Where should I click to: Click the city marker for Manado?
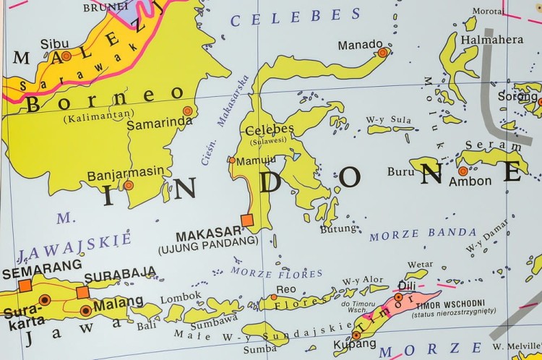pos(382,52)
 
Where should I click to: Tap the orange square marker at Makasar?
pos(247,220)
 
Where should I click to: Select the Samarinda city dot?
pos(188,111)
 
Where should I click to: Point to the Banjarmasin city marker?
pos(128,185)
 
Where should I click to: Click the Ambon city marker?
pos(463,171)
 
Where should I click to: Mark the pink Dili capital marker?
pos(398,296)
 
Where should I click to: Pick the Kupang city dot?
pos(356,335)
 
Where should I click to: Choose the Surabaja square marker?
pos(82,292)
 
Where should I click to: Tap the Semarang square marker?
pos(25,286)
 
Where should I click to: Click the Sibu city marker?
pos(66,56)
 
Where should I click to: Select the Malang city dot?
pos(86,311)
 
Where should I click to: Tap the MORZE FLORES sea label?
pos(277,273)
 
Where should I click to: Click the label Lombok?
pos(180,296)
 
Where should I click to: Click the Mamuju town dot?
pos(232,160)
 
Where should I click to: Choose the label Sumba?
pos(261,350)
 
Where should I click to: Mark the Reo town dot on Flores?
pos(274,297)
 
